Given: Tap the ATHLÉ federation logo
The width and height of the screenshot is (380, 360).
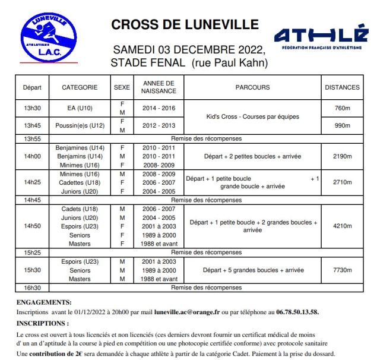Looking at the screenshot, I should click(321, 36).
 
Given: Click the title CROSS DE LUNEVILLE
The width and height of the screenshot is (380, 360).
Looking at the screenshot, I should click(185, 25).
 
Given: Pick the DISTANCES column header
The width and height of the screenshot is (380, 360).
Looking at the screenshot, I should click(342, 87).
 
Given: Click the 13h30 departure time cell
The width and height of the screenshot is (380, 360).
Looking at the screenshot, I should click(32, 109).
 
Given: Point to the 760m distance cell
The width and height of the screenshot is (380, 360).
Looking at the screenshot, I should click(342, 109).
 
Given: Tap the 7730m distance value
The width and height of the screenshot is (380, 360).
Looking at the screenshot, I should click(342, 270).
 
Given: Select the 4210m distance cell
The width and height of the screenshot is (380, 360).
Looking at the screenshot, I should click(342, 226).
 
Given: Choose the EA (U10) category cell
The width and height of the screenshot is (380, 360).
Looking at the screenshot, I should click(80, 109).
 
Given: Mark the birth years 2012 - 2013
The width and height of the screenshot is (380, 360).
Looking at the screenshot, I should click(159, 126).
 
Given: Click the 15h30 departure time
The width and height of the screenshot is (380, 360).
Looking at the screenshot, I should click(32, 270).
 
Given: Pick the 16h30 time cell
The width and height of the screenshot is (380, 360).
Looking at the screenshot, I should click(32, 288).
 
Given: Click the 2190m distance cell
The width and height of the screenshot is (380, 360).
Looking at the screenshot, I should click(342, 157).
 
